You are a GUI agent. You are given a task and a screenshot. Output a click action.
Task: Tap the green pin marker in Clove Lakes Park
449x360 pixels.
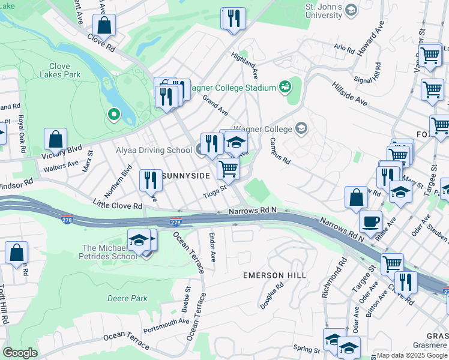pyautogui.click(x=113, y=113)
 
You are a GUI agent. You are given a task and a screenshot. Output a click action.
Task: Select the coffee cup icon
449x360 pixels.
pyautogui.click(x=370, y=221)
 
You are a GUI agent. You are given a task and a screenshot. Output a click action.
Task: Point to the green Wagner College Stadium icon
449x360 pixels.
pyautogui.click(x=285, y=88)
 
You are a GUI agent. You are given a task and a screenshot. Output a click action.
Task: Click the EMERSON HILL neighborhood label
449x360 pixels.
pyautogui.click(x=274, y=275)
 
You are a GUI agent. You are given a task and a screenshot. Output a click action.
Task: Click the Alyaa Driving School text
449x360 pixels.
pyautogui.click(x=154, y=151)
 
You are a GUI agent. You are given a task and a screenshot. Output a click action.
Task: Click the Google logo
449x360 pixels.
pyautogui.click(x=20, y=353)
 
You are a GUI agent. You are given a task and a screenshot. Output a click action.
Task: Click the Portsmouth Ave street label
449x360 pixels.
pyautogui.click(x=166, y=326)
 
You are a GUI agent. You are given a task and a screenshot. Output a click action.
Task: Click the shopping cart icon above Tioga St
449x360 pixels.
pyautogui.click(x=228, y=169)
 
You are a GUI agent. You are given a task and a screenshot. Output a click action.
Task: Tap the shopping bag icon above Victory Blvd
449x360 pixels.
pyautogui.click(x=55, y=139)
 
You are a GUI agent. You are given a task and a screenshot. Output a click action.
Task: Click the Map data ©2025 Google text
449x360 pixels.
pyautogui.click(x=411, y=355)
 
